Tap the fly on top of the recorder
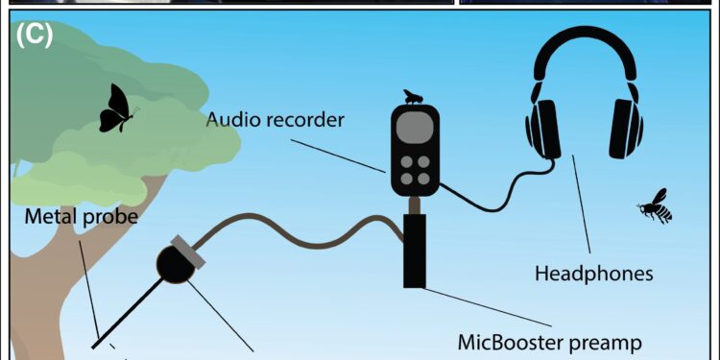(413, 96)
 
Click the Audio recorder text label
(276, 122)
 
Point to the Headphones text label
(593, 274)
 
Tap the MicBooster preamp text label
(548, 341)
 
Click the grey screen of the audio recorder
(415, 131)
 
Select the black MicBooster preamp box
(415, 251)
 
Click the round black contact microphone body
(176, 263)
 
